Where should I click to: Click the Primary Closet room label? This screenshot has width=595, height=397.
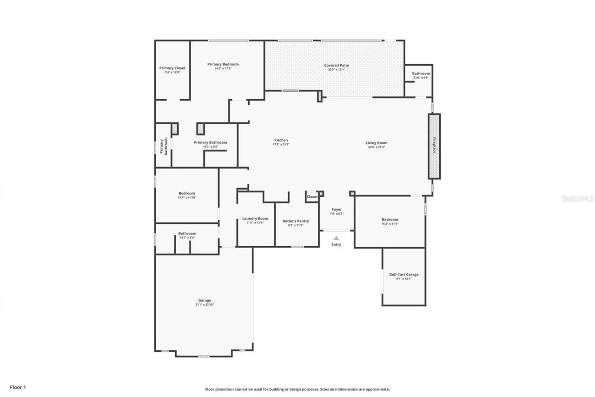click(172, 68)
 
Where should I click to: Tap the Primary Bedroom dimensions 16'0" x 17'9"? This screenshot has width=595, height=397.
click(223, 68)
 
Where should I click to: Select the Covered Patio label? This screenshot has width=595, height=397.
click(337, 65)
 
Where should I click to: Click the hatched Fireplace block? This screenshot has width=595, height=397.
click(434, 146)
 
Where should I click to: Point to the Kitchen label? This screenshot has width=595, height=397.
click(281, 140)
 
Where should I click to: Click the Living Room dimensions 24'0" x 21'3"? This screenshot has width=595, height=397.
click(376, 147)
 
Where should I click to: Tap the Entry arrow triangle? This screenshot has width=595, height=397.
click(336, 238)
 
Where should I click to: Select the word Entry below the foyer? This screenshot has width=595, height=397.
click(336, 245)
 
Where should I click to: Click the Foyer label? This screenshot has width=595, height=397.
click(337, 209)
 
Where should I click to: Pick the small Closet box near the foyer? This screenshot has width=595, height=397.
click(312, 197)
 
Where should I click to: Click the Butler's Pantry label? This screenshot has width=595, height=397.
click(296, 221)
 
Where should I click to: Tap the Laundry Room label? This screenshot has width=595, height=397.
click(255, 218)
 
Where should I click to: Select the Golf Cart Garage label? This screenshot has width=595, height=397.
click(403, 275)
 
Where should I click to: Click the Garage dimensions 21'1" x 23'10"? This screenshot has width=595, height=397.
click(205, 304)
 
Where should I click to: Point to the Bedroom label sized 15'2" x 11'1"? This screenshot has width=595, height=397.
click(390, 220)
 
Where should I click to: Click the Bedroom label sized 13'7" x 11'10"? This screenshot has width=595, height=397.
click(186, 193)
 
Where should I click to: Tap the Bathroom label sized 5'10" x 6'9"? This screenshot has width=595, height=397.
click(421, 74)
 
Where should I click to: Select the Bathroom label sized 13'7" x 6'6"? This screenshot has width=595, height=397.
click(187, 233)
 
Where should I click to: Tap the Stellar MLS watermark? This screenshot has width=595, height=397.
click(577, 198)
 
